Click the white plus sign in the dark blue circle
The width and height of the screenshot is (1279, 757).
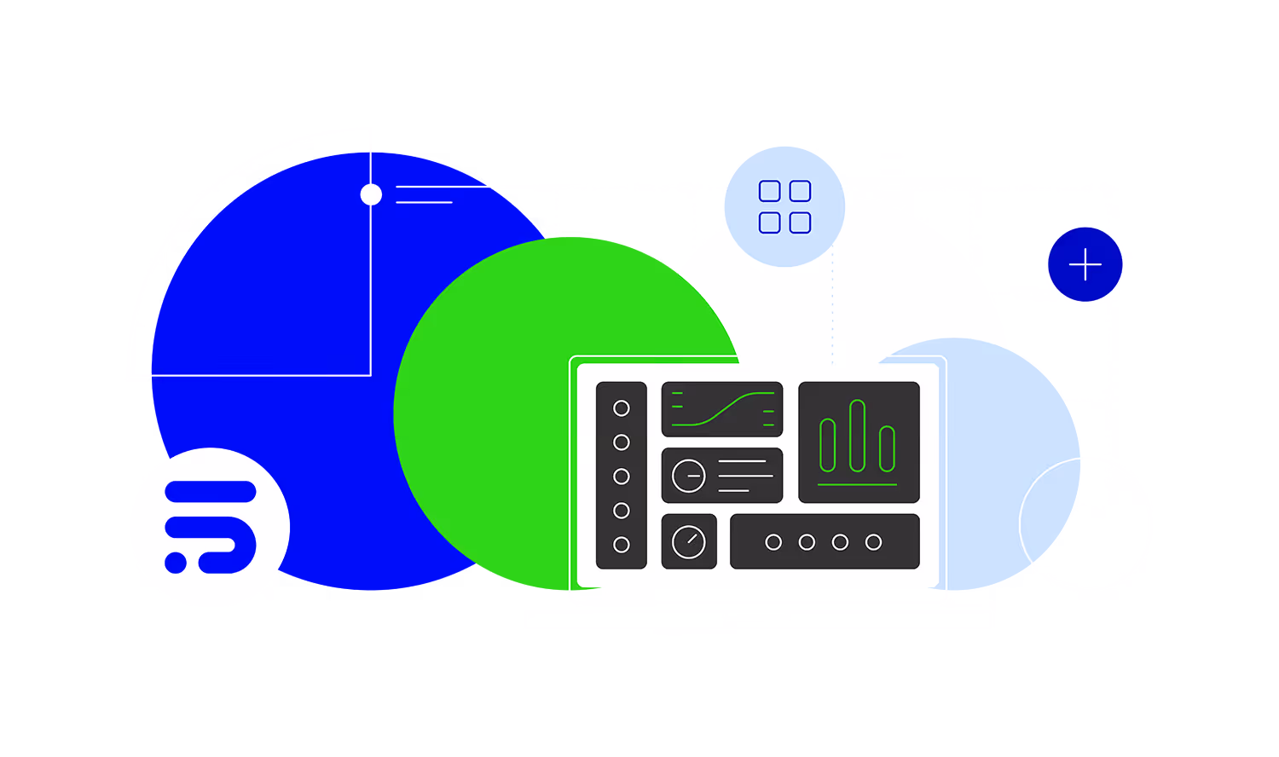(1085, 264)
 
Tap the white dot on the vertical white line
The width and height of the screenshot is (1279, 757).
(371, 194)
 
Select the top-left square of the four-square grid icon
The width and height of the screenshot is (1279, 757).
(769, 191)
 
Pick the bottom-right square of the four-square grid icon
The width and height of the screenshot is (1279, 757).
(800, 222)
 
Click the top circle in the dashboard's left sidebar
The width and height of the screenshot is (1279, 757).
(622, 408)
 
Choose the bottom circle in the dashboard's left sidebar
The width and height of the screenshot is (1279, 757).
(622, 545)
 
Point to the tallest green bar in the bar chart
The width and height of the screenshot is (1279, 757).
(857, 436)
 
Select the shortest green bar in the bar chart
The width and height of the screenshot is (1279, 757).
(887, 448)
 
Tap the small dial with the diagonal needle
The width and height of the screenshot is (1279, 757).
(689, 541)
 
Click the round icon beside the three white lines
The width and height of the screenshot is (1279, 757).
(689, 476)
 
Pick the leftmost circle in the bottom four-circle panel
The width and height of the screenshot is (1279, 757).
(773, 542)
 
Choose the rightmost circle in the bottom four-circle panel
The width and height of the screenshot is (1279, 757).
(873, 542)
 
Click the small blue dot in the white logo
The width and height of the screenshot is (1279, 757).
(176, 563)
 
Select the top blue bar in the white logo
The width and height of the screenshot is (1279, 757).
(211, 492)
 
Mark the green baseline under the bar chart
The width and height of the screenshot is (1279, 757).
(857, 485)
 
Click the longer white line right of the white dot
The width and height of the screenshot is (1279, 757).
(441, 186)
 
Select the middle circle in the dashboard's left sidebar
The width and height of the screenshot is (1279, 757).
(622, 477)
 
